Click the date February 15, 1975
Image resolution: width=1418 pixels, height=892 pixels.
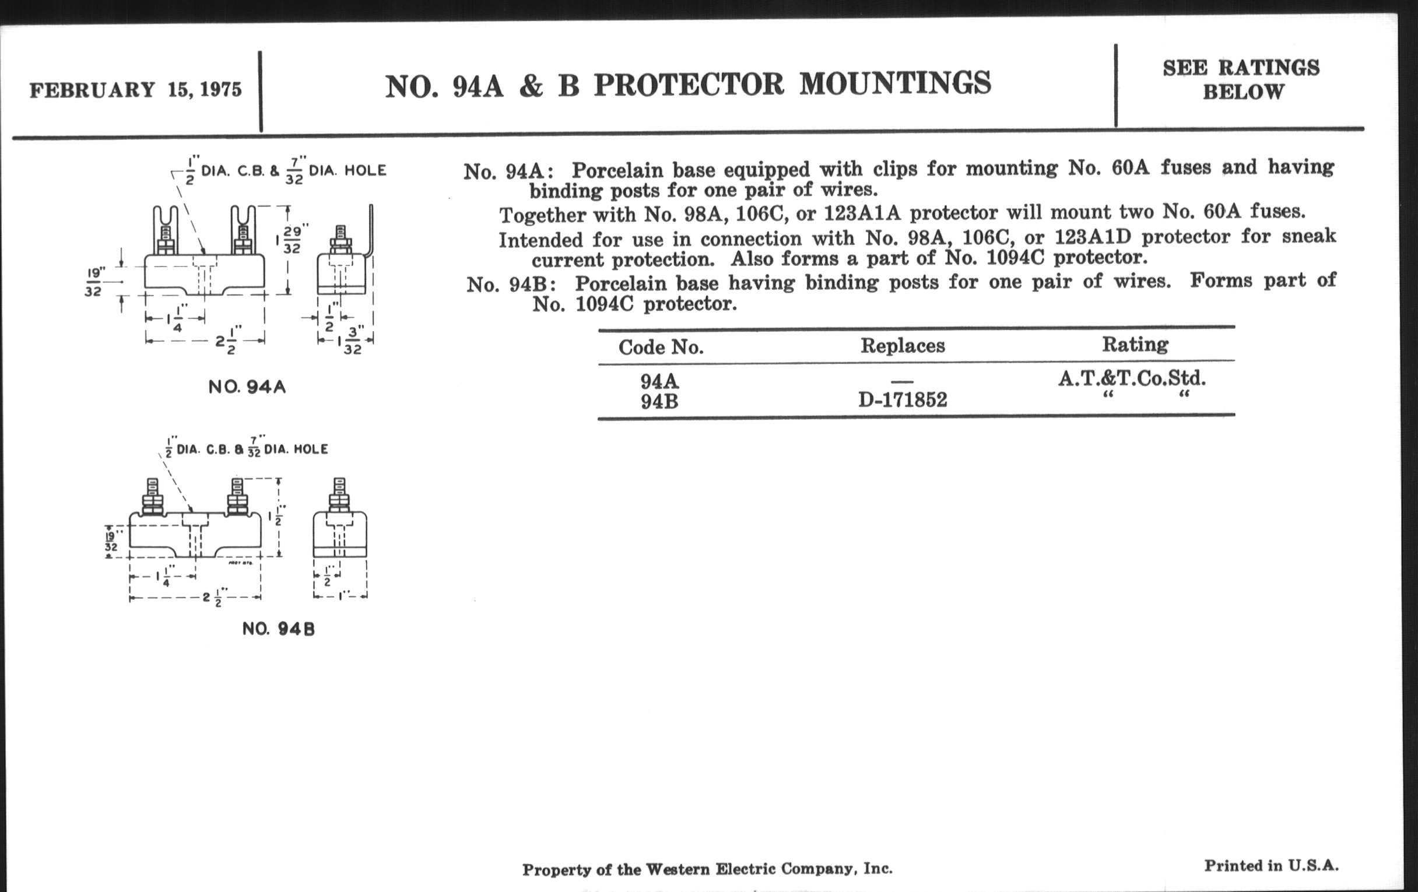[x=135, y=90]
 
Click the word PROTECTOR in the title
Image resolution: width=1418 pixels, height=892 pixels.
[x=689, y=84]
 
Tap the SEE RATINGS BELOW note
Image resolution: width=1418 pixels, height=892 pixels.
[x=1241, y=80]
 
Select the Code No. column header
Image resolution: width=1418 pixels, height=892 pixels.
[x=661, y=347]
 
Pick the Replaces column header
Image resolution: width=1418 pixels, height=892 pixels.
[x=903, y=346]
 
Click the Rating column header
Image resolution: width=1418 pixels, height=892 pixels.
[x=1135, y=344]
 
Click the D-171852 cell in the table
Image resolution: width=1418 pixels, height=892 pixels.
[x=903, y=401]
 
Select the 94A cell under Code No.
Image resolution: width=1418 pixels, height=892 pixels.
[x=659, y=381]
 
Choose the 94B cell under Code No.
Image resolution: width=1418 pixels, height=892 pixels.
[x=659, y=402]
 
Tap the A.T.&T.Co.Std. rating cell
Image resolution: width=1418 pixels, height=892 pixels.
[x=1132, y=378]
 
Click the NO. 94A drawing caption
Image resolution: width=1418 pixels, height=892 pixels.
[x=247, y=387]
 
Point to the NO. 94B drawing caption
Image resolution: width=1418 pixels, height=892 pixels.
[x=279, y=629]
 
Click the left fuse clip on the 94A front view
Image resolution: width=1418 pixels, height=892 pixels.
[x=165, y=230]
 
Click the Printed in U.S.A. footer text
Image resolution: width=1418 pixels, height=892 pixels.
[x=1271, y=866]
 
